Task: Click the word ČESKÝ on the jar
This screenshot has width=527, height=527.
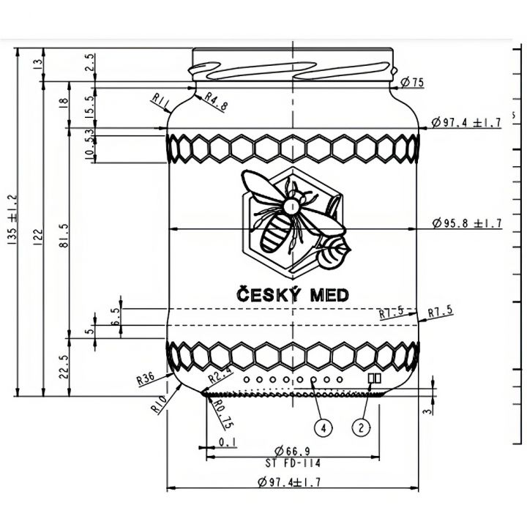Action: tap(265, 295)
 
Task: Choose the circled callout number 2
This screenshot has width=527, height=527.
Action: tap(361, 425)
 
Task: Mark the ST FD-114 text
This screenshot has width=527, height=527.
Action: tap(293, 463)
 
